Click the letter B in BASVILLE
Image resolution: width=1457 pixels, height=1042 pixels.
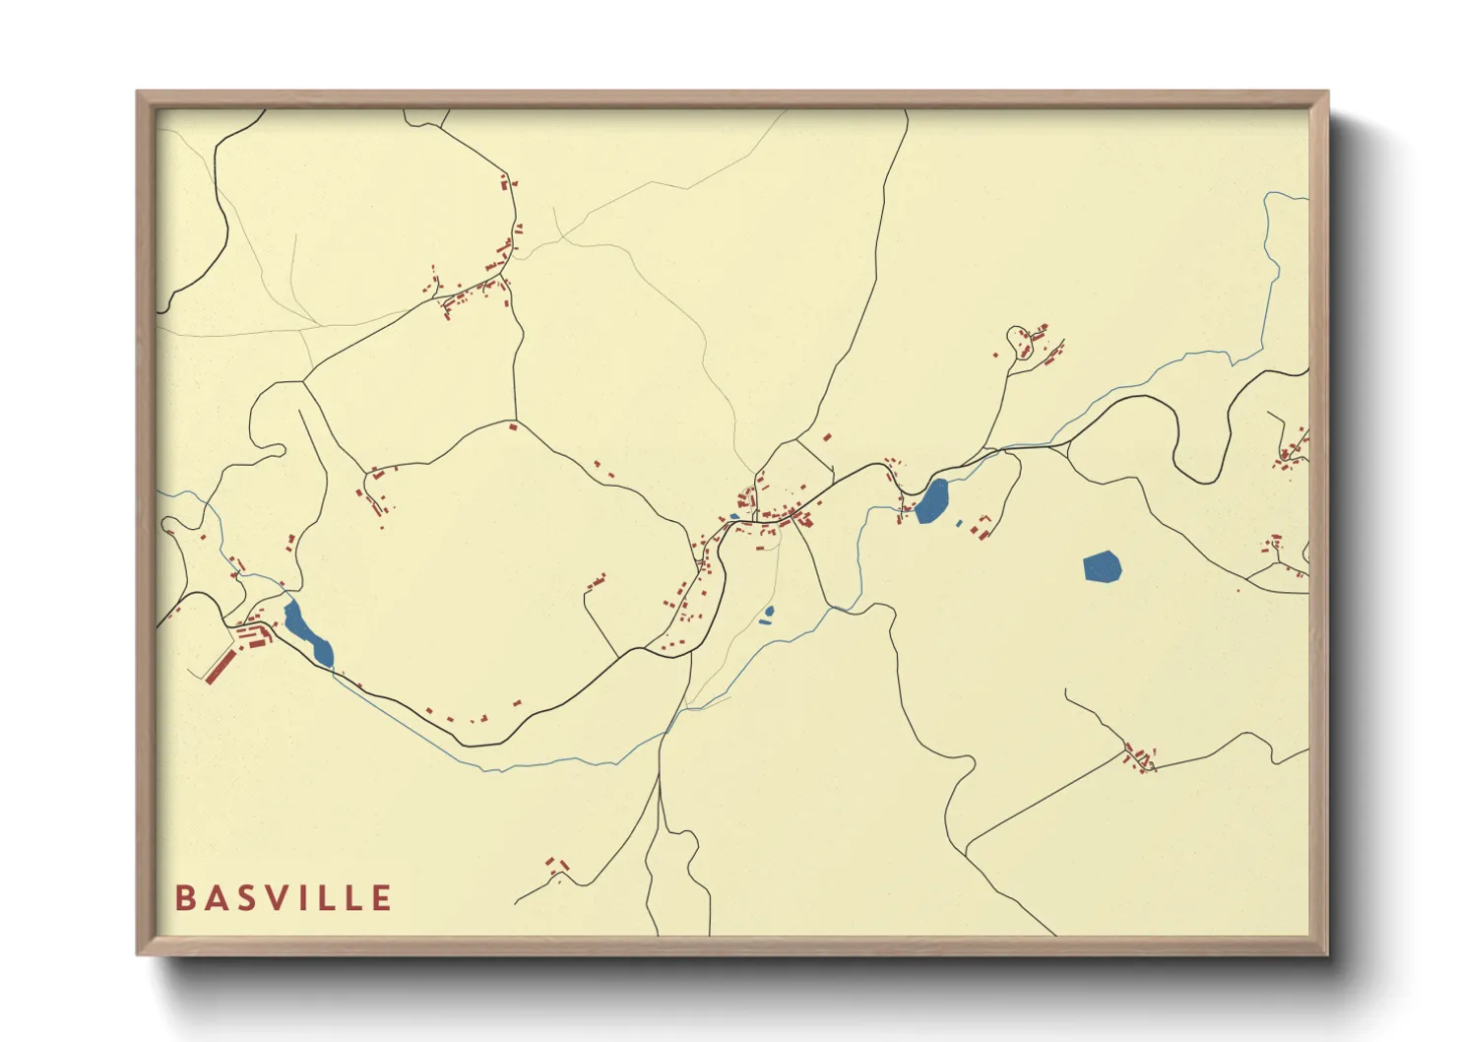(184, 898)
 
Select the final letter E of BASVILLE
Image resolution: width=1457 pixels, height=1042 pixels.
(382, 898)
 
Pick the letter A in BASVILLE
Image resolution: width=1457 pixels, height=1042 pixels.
(216, 898)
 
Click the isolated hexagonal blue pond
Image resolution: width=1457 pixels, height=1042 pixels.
(1102, 567)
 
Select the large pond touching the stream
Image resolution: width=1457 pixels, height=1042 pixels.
(931, 502)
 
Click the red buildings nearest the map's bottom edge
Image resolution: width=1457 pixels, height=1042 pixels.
(557, 866)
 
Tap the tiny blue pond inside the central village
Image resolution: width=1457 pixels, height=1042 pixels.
(734, 516)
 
